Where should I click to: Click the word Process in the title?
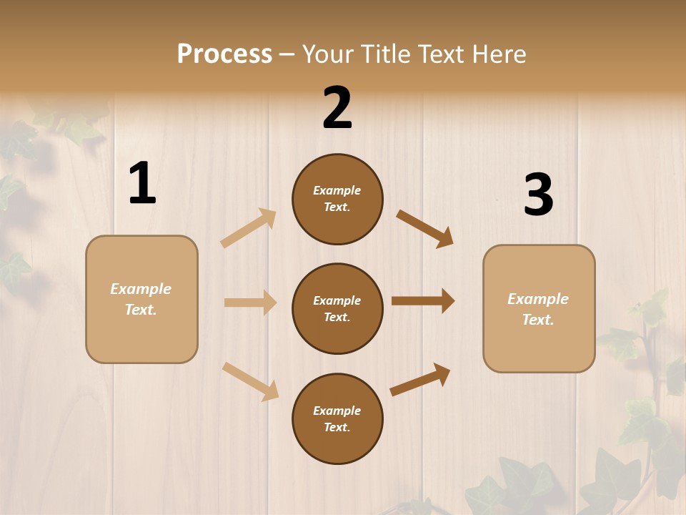coord(224,54)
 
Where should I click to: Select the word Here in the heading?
coord(497,54)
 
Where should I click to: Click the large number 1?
coord(142,183)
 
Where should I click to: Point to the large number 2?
coord(337,108)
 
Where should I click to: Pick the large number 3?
coord(538,195)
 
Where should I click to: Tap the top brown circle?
coord(337,199)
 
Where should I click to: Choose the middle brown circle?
coord(337,308)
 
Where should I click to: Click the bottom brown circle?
coord(337,418)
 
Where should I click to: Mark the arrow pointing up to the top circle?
coord(249,228)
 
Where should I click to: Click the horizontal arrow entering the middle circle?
coord(250,303)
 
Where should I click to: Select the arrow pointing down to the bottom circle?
coord(251,381)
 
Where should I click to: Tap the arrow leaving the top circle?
coord(425,229)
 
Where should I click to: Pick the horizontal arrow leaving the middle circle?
coord(423,300)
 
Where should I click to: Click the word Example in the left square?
coord(141,289)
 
